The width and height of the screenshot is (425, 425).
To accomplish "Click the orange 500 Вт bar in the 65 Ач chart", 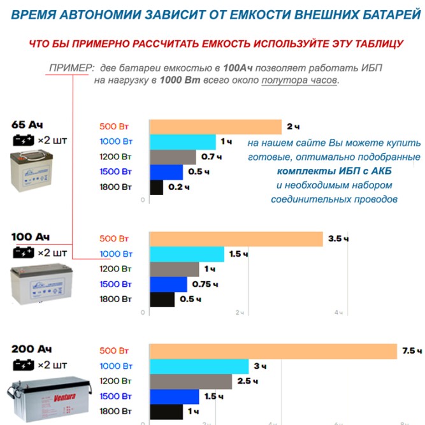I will click(215, 127).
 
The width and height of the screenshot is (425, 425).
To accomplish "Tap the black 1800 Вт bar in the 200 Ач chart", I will click(166, 412).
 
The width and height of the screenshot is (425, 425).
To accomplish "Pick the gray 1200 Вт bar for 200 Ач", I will click(191, 381).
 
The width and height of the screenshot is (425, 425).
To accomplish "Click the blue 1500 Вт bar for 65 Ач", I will click(166, 172).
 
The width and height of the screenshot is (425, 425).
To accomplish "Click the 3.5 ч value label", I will click(338, 239).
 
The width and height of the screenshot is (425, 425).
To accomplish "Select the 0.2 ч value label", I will click(175, 187).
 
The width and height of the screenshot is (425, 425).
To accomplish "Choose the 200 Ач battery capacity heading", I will click(32, 350).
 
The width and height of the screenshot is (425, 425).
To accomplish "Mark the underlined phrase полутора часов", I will click(299, 80).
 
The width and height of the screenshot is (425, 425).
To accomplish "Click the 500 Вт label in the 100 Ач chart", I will click(116, 239).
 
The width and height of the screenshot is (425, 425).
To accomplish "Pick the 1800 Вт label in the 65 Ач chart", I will click(116, 187).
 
